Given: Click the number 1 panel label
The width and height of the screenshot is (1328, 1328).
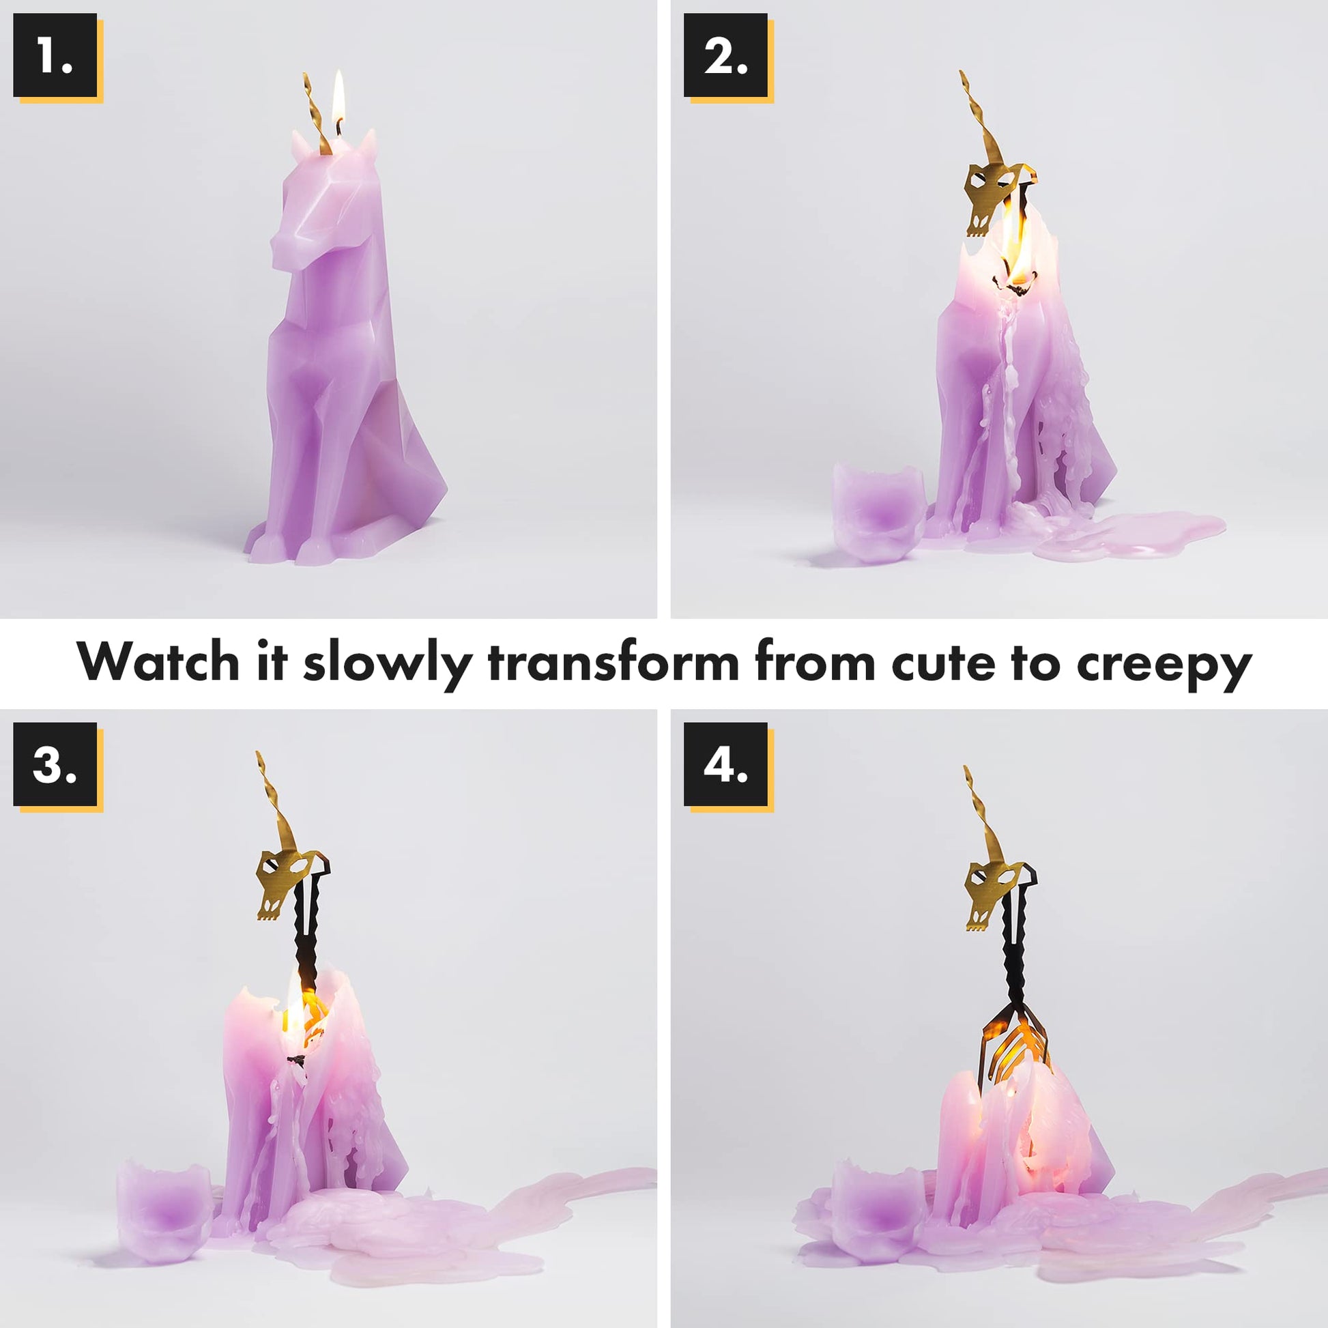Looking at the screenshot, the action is click(x=55, y=56).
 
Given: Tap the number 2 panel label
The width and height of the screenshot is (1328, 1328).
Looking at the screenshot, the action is click(x=725, y=56).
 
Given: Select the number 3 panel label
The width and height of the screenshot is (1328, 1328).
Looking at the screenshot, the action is click(x=55, y=764).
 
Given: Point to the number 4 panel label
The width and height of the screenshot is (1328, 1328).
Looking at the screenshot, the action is click(x=725, y=764).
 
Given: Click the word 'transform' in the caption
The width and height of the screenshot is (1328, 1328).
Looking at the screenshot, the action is click(x=613, y=661).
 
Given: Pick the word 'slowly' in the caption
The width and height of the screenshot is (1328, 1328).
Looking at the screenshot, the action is click(x=388, y=664).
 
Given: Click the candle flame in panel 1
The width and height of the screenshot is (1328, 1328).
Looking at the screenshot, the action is click(x=338, y=100).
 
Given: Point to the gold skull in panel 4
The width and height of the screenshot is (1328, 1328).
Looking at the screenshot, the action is click(x=997, y=893).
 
